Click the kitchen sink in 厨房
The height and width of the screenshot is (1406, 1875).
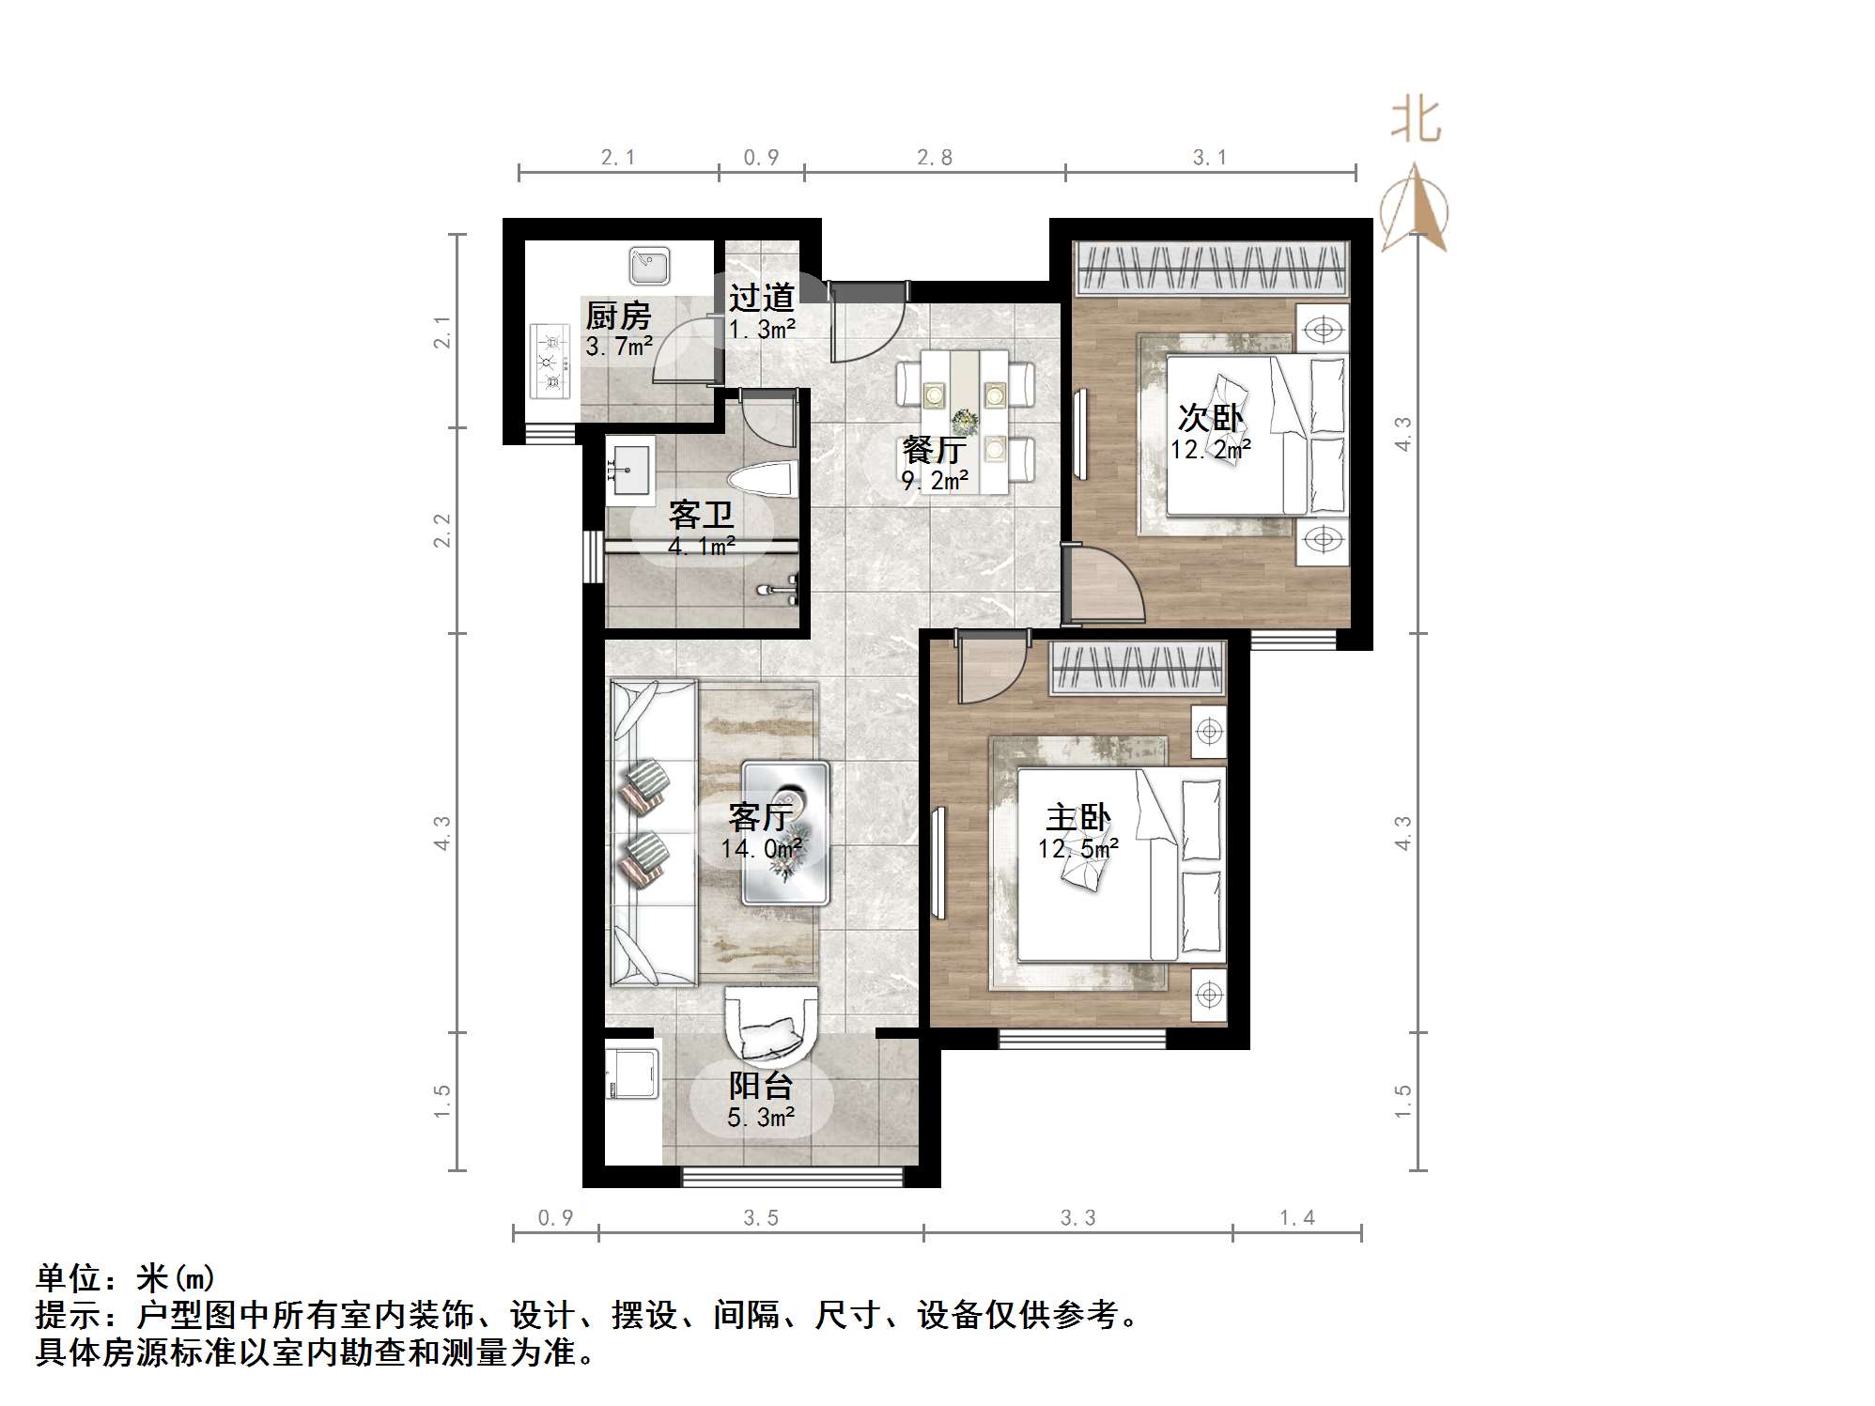[x=649, y=265]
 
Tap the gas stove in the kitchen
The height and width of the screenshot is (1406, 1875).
[x=551, y=361]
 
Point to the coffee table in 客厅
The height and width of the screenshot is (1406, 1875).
[x=785, y=832]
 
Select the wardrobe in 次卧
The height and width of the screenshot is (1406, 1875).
[x=1212, y=267]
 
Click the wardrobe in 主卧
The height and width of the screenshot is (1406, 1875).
[x=1137, y=668]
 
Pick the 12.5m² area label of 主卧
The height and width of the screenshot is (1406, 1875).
[x=1077, y=849]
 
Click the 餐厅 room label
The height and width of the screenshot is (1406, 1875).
[x=933, y=450]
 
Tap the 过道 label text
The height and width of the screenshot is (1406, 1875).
[x=762, y=299]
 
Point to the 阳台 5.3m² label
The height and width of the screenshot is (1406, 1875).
[x=761, y=1101]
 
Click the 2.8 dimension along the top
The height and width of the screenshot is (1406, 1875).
[x=935, y=158]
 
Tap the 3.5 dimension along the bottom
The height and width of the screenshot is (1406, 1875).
[x=761, y=1218]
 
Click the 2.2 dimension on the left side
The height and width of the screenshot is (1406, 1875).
[x=442, y=531]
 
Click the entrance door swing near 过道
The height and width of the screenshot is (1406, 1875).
[x=864, y=324]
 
